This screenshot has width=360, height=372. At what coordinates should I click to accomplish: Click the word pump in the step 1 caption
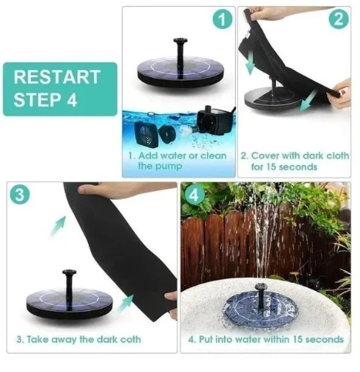(170, 166)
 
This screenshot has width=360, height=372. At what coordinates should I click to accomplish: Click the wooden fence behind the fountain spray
(224, 247)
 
